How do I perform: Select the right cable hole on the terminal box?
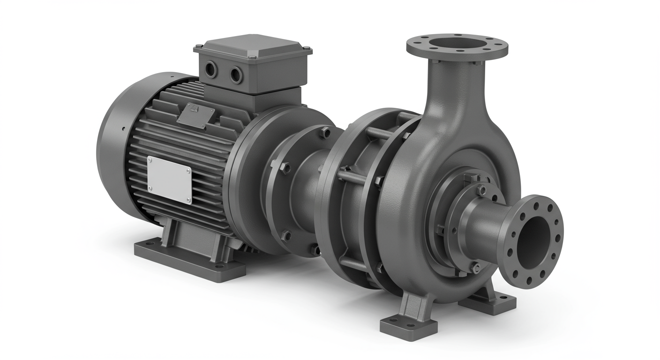point(235,73)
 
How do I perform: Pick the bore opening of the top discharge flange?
point(457,45)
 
